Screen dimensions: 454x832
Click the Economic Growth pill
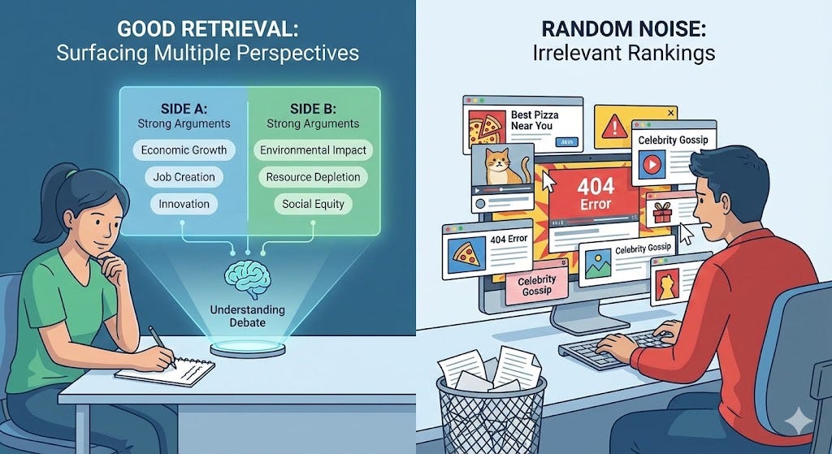coord(184,150)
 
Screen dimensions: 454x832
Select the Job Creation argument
coord(184,176)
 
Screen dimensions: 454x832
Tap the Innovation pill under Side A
coord(184,203)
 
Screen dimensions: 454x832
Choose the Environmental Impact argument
coord(312,150)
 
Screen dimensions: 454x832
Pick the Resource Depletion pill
coord(312,176)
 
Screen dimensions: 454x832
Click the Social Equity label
coord(312,203)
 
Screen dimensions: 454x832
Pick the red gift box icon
coord(663,214)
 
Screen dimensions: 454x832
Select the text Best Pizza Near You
coord(531,121)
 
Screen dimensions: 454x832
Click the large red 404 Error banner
coord(596,193)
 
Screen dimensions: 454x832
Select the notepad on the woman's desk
coord(165,370)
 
